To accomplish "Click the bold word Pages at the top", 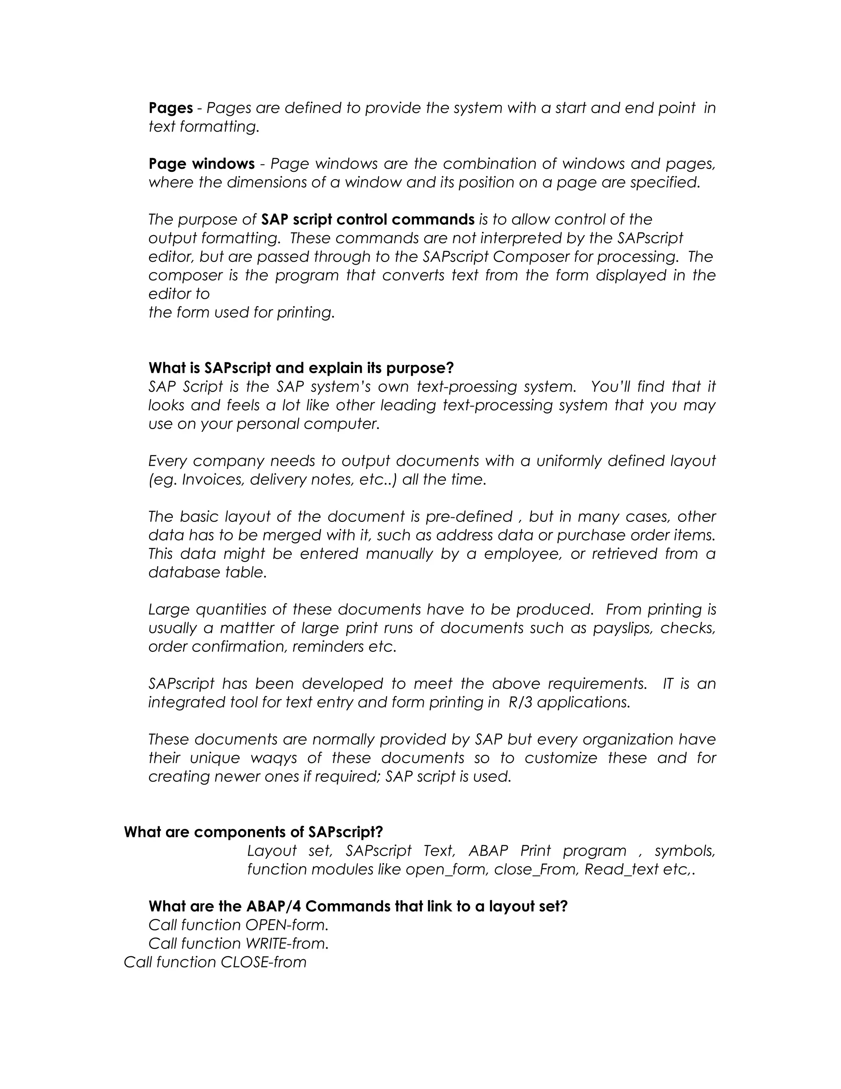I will click(x=170, y=108).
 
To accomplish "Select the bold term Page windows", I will click(x=201, y=164).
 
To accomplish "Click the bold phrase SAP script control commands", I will click(x=368, y=220).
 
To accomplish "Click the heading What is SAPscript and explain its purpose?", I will click(x=301, y=368).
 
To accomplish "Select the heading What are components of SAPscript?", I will click(x=253, y=832).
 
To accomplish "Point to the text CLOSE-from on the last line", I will click(x=263, y=962).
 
